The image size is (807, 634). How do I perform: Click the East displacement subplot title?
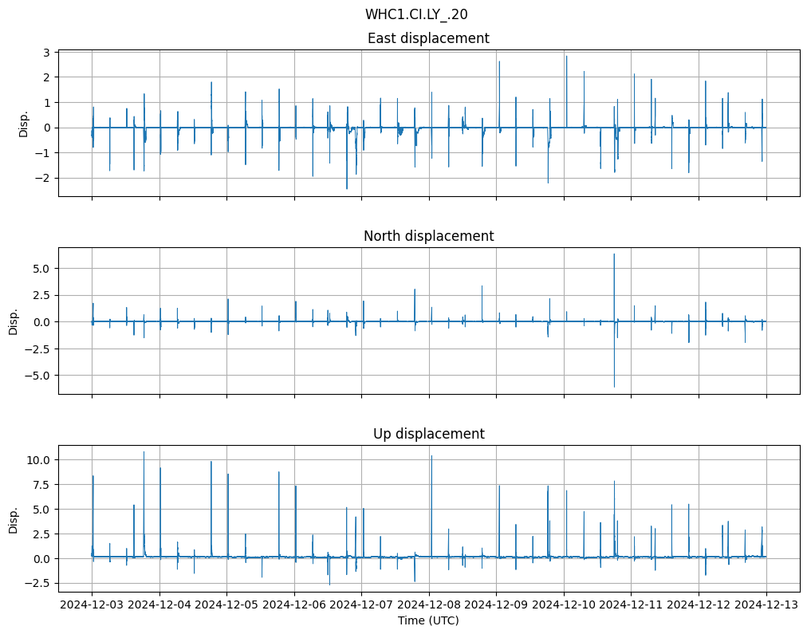[428, 38]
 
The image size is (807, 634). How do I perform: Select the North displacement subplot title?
[428, 236]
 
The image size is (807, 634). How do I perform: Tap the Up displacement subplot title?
[428, 434]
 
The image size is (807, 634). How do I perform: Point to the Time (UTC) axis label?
[428, 620]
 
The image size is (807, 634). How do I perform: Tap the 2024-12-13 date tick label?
[767, 604]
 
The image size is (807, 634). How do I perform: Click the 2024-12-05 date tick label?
[227, 604]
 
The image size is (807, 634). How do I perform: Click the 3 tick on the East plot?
[47, 53]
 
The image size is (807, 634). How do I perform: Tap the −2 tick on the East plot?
[44, 178]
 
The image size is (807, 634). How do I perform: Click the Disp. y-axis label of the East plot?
[23, 124]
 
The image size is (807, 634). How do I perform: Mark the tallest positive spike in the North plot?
[614, 254]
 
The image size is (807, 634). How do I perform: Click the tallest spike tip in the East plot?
[566, 56]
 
